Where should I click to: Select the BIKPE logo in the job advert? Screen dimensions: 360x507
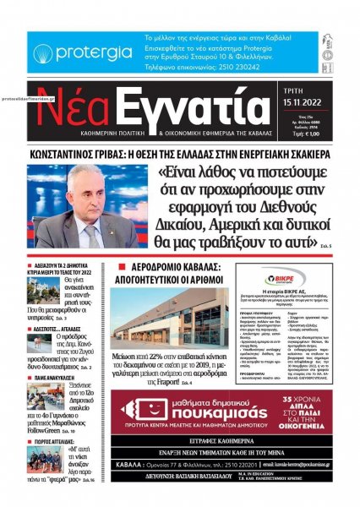(290, 276)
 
